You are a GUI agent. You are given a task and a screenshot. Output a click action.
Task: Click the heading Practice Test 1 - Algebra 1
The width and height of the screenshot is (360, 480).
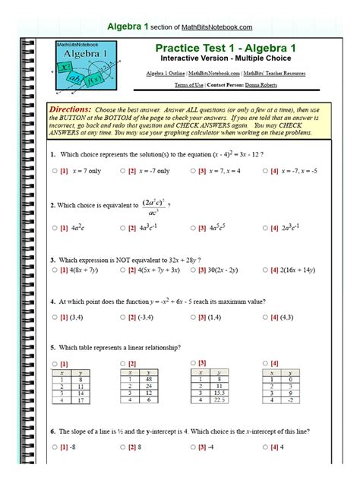[x=226, y=48]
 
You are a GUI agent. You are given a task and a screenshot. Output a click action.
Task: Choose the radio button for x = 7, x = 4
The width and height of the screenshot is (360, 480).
[x=193, y=171]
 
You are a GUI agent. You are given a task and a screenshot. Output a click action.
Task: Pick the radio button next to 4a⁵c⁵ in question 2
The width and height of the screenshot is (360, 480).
[x=193, y=228]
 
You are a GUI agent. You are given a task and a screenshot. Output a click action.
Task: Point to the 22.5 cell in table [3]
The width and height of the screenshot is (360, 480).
[x=220, y=400]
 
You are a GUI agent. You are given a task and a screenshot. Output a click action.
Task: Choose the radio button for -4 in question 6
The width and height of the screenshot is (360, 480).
[x=193, y=447]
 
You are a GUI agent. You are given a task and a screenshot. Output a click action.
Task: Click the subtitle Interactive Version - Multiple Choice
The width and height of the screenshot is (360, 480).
[x=226, y=58]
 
